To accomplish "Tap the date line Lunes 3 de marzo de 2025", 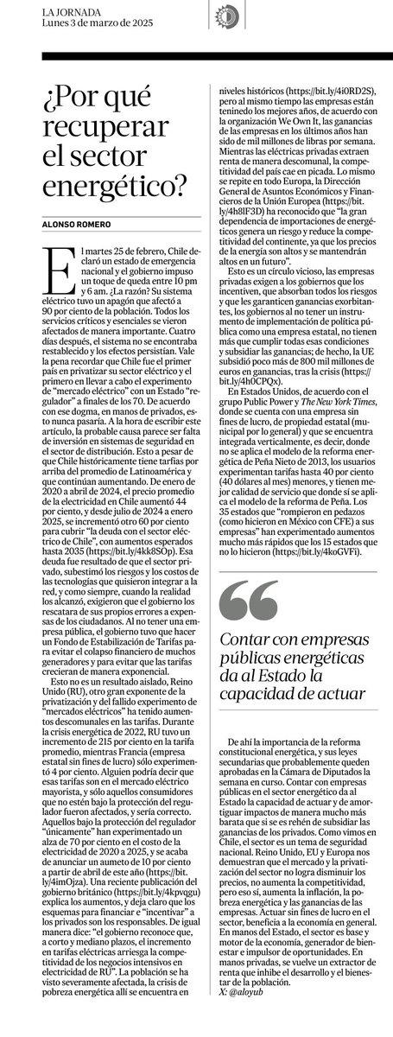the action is (82, 20).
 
